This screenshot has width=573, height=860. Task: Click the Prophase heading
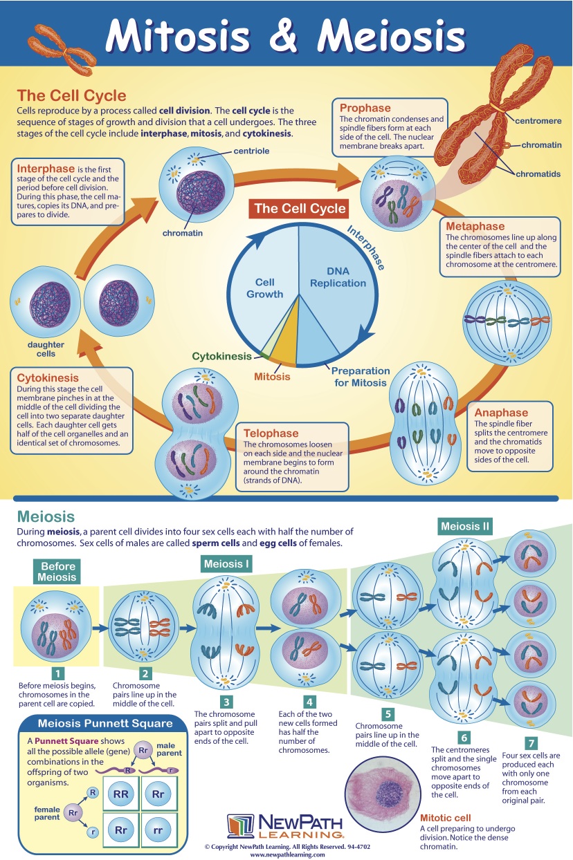[x=365, y=109]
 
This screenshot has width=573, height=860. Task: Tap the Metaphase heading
[x=475, y=226]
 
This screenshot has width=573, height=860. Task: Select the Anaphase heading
[x=501, y=413]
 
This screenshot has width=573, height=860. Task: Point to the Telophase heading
[x=271, y=433]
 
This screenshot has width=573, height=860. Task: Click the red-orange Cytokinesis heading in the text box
[x=48, y=378]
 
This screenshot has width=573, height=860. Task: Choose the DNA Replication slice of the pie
[x=338, y=277]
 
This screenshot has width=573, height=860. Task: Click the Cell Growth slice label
[x=264, y=288]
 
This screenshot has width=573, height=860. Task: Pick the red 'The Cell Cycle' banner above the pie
[x=299, y=208]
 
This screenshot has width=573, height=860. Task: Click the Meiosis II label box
[x=465, y=527]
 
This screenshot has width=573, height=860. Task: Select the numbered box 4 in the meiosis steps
[x=309, y=701]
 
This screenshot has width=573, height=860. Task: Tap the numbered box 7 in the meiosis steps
[x=531, y=743]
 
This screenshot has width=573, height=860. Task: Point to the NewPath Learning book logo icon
[x=240, y=827]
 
